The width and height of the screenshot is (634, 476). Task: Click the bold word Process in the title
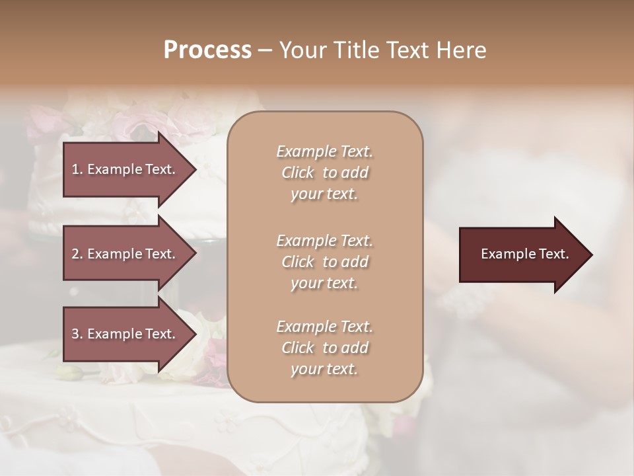click(207, 50)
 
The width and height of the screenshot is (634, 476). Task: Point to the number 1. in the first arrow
click(77, 169)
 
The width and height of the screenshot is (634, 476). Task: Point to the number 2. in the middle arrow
click(77, 254)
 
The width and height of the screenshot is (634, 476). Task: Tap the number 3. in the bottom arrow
click(77, 334)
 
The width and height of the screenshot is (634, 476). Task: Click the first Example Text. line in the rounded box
click(324, 151)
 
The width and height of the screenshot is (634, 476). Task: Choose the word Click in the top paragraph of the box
click(298, 173)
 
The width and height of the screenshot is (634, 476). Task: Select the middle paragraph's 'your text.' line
click(324, 283)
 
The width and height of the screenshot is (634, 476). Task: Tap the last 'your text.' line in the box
click(324, 369)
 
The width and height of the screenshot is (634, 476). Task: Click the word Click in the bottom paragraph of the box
click(298, 348)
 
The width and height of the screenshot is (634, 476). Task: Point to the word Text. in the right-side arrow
click(553, 254)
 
